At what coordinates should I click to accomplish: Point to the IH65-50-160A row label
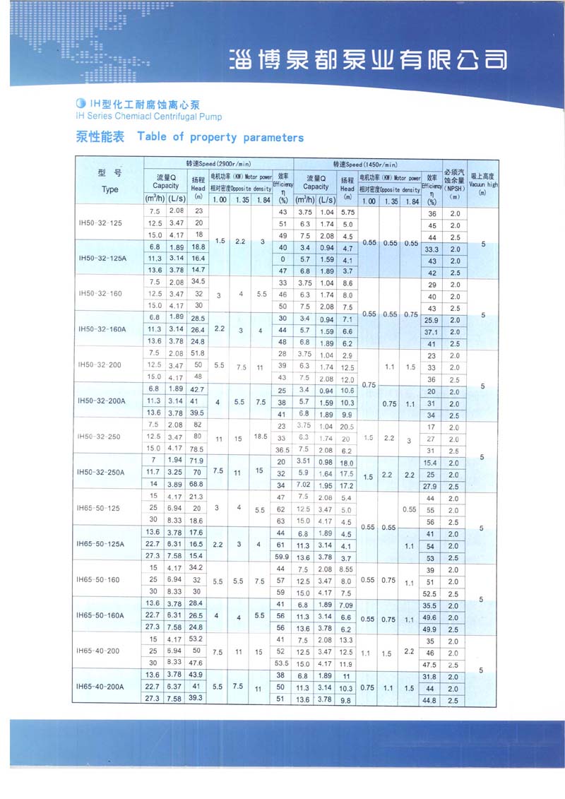103,615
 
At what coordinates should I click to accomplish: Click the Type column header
109,189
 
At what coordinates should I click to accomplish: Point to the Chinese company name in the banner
368,59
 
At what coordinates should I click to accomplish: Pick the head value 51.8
198,353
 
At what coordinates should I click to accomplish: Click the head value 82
198,424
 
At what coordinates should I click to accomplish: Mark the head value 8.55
347,568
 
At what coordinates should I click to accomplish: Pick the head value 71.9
198,461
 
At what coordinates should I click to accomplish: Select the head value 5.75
347,212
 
